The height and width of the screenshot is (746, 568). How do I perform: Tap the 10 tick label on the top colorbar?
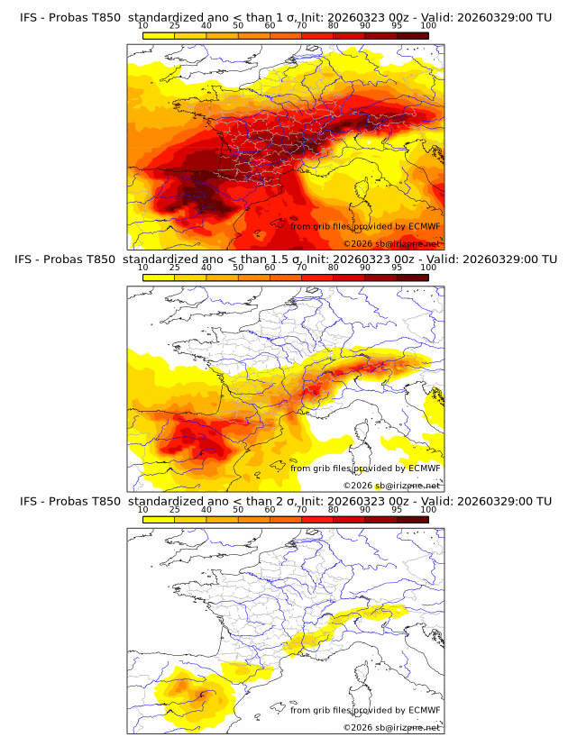(143, 27)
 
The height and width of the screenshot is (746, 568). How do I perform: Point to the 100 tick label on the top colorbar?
(428, 27)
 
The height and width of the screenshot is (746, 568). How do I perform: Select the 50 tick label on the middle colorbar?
(238, 268)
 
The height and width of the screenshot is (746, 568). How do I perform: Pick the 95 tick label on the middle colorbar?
(397, 268)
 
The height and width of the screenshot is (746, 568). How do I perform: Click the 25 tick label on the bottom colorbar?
(175, 509)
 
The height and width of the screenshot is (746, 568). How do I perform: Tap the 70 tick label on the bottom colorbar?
(301, 509)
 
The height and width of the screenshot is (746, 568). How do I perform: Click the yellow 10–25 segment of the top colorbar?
(159, 36)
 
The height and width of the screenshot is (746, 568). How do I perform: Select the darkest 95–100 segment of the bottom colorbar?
(413, 518)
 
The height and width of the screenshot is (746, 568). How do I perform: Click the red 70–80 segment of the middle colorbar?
(317, 277)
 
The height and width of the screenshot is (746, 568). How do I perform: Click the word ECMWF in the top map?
(424, 226)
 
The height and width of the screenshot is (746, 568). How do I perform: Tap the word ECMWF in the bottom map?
(424, 710)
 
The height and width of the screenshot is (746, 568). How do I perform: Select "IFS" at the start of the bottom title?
(30, 501)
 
